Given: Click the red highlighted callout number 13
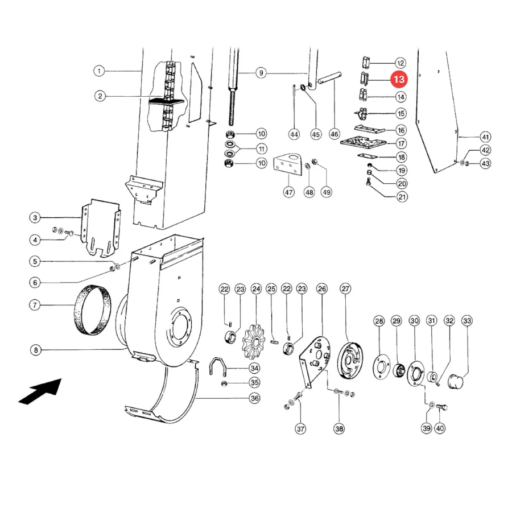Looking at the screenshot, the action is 399,79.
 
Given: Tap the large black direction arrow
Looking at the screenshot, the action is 40,391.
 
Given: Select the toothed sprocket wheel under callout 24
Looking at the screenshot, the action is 254,342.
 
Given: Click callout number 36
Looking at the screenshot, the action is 254,398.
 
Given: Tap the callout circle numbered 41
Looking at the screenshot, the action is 485,137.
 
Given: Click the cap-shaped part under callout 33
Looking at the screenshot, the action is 456,381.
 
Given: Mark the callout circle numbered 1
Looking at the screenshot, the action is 99,71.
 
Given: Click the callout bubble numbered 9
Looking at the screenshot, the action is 261,73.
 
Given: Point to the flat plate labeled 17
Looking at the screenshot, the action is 363,142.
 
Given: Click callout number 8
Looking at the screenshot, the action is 36,350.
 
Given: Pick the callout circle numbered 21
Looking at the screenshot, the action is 402,197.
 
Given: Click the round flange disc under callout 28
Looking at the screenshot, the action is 381,367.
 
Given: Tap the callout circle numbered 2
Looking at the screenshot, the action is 100,96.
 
